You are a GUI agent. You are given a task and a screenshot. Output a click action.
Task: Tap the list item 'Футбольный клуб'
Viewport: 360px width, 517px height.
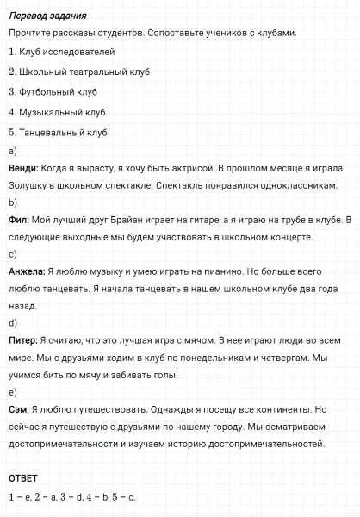[x=58, y=91]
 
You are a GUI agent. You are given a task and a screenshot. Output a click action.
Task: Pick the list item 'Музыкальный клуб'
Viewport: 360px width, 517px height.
[x=60, y=112]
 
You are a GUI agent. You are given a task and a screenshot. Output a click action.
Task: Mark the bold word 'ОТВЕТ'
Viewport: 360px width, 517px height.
[x=24, y=477]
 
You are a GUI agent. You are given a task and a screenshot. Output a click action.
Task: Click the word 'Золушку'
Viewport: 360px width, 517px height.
[x=28, y=185]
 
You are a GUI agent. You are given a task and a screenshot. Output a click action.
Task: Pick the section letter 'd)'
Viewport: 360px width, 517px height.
[x=13, y=323]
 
